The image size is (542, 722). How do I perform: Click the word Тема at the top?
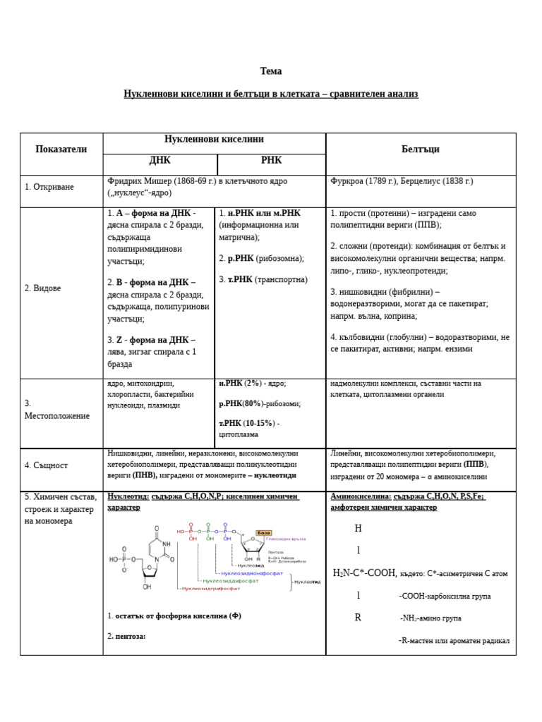[270, 71]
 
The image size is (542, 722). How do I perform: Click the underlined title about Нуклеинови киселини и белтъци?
[270, 94]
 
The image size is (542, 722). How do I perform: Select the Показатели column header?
[61, 149]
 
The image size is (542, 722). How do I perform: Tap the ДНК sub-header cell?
[159, 161]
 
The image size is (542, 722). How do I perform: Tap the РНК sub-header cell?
[271, 161]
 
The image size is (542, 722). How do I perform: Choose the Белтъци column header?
[420, 149]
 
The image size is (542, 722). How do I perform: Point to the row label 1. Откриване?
[49, 187]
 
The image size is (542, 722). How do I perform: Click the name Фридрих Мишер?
[137, 181]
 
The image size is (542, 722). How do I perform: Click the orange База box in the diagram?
[263, 532]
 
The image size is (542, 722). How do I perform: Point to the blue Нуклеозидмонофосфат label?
[251, 573]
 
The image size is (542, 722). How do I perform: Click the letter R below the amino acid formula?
[358, 618]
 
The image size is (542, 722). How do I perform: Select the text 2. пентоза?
[127, 636]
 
